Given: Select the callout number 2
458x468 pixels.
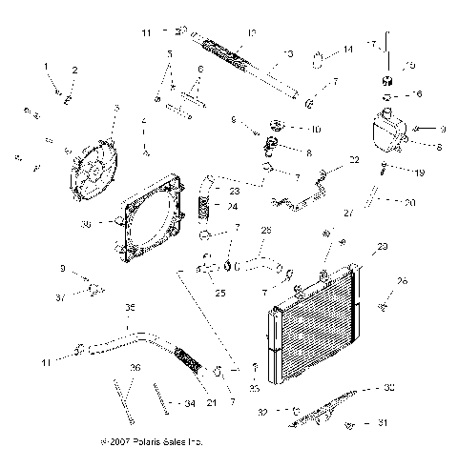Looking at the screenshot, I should pos(75,70).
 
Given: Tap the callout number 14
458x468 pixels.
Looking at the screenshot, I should pos(348,49).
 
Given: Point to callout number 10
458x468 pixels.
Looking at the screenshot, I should pos(317,129).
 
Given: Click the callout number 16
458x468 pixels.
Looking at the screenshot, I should pos(416,95).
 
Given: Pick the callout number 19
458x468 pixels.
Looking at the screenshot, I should pos(417,173).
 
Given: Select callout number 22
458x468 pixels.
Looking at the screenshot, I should pos(354,160).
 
